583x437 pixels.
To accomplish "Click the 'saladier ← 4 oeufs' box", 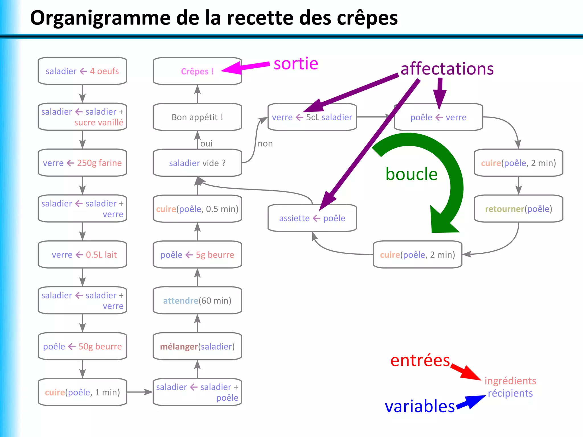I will [x=82, y=71].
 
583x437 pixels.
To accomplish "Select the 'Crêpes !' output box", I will [x=197, y=71].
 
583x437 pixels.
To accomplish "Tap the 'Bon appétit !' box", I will [x=197, y=117].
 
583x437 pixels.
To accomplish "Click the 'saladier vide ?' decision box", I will [x=197, y=163].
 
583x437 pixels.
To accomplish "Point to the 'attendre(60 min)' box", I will [x=197, y=300].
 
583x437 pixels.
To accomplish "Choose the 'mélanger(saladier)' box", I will [x=197, y=346].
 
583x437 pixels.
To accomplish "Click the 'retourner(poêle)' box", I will [x=518, y=209].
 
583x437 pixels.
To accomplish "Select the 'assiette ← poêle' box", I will [x=312, y=218].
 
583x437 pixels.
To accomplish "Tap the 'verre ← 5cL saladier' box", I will [x=312, y=117].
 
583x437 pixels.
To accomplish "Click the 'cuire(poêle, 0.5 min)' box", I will [x=197, y=209].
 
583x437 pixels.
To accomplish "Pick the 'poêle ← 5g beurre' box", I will [x=197, y=255].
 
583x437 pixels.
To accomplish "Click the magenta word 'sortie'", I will [x=296, y=64].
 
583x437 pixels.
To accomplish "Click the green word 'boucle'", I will [x=411, y=174].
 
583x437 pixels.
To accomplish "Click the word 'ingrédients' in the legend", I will [x=510, y=381].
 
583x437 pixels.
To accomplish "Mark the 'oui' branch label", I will [x=206, y=143].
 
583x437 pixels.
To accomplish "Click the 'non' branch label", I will [x=265, y=143].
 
